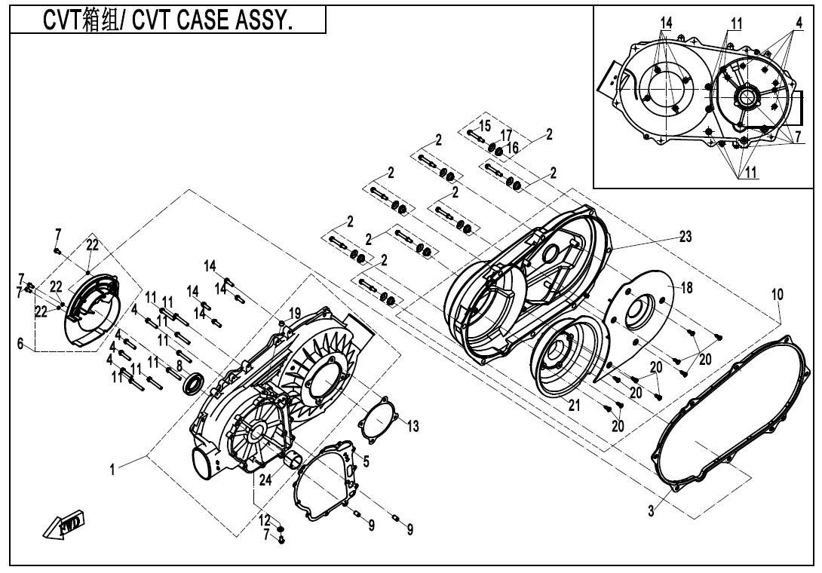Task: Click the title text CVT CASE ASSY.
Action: point(167,20)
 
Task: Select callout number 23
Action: point(685,236)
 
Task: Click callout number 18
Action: point(686,288)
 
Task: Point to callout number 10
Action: point(777,295)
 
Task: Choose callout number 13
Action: point(413,427)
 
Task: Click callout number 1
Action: point(112,469)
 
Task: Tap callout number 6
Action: point(20,343)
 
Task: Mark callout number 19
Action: point(294,312)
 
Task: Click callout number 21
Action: point(575,405)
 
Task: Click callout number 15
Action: point(484,124)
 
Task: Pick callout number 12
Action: point(265,520)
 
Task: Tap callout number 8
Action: point(179,365)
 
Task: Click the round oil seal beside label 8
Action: point(194,385)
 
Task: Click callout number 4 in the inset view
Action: point(798,24)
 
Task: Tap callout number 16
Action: point(513,148)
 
